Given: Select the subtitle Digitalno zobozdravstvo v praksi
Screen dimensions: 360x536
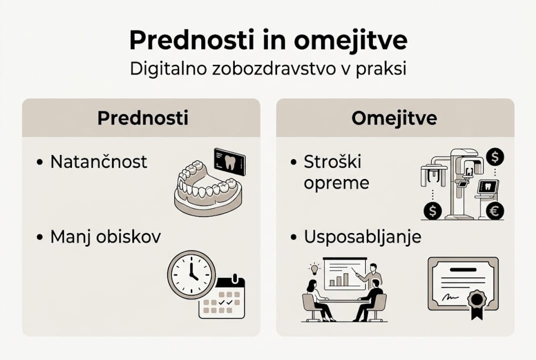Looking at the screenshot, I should (268, 69).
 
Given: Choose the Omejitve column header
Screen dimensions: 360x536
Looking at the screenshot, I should (394, 118).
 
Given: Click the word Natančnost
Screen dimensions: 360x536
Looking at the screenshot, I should (99, 161).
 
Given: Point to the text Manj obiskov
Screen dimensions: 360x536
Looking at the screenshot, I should (105, 236).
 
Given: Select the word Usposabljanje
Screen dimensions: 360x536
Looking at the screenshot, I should (363, 236).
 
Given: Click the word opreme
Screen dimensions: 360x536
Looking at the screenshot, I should (336, 183).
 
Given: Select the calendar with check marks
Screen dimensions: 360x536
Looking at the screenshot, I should (222, 298).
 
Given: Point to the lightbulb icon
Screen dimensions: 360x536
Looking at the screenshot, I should (314, 268).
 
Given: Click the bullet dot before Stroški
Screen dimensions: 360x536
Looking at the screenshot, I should (294, 162).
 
